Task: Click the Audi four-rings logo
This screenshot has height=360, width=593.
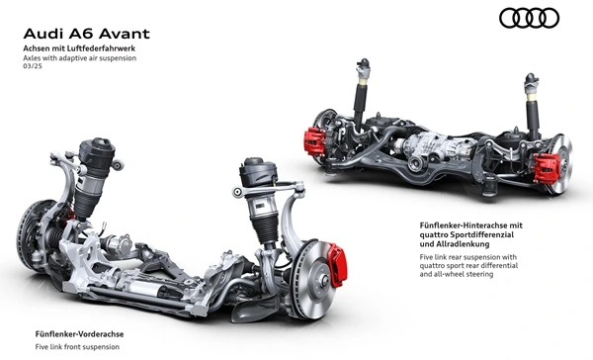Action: coord(529,18)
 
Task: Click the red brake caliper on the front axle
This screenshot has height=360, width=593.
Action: coord(337,263)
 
